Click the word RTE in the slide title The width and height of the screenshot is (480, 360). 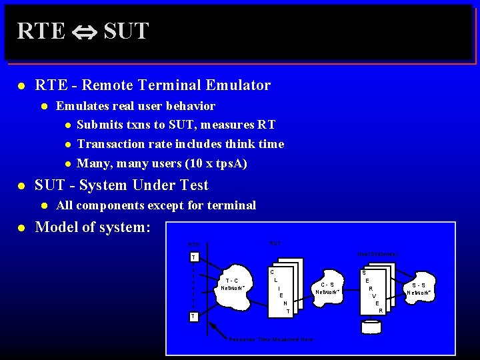(x=41, y=31)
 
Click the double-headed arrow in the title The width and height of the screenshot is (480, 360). (x=85, y=31)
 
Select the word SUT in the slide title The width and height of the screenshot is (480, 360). (x=126, y=31)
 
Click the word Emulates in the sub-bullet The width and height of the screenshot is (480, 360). (x=82, y=106)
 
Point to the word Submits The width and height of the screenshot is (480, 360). (x=99, y=125)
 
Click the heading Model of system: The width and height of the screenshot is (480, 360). (x=93, y=227)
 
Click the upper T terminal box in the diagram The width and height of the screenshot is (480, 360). (x=193, y=257)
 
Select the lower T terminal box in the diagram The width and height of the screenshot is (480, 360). (x=193, y=316)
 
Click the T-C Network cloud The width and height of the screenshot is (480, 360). (x=233, y=285)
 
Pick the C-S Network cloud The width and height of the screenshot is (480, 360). (x=327, y=288)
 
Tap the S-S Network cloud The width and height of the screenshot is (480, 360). (x=420, y=289)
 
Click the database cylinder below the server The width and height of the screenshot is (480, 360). (x=371, y=327)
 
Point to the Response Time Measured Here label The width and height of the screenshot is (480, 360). (x=271, y=339)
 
